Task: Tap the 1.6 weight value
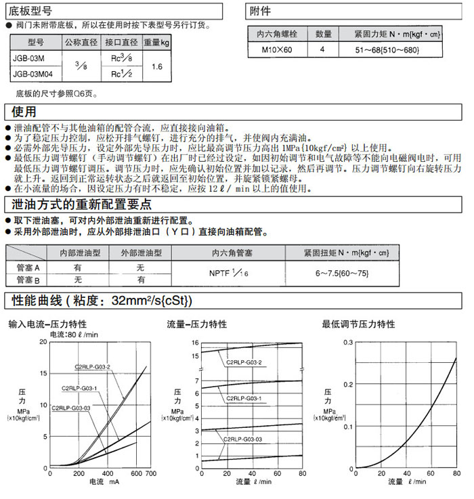pyautogui.click(x=157, y=66)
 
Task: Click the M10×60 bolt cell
pyautogui.click(x=279, y=50)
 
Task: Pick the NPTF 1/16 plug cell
pyautogui.click(x=230, y=273)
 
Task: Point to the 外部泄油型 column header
pyautogui.click(x=141, y=253)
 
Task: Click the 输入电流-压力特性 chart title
pyautogui.click(x=47, y=324)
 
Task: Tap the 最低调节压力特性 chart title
pyautogui.click(x=358, y=324)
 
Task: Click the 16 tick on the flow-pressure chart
pyautogui.click(x=196, y=343)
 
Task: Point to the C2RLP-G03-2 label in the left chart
pyautogui.click(x=92, y=368)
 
